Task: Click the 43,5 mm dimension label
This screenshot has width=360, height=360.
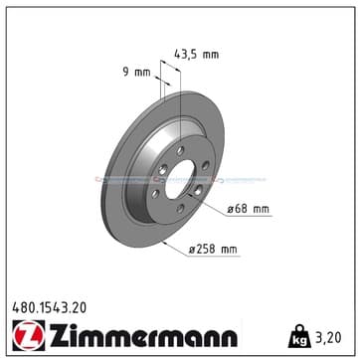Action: [196, 54]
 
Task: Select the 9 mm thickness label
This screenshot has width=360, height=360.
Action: [136, 72]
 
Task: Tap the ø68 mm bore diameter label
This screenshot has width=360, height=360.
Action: [249, 209]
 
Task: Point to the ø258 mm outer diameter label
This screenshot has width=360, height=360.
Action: [213, 250]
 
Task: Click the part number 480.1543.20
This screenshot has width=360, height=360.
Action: [50, 308]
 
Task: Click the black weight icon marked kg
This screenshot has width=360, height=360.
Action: [299, 336]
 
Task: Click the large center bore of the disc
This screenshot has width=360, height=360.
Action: [179, 179]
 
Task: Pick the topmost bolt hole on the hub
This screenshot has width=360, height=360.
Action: [180, 151]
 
